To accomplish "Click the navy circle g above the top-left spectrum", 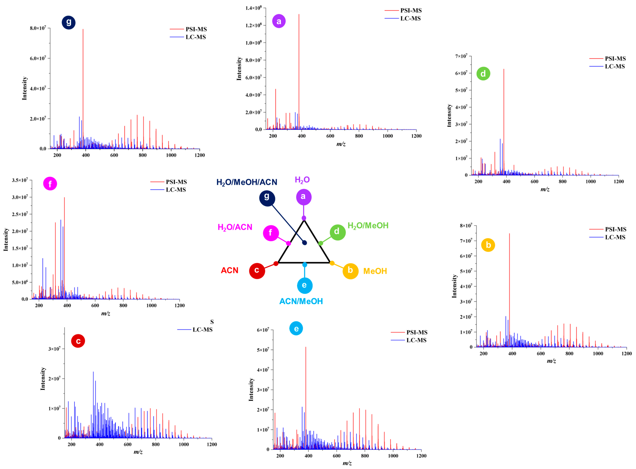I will point(68,22).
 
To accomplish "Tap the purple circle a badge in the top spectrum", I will point(279,21).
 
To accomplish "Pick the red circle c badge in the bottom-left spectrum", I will point(78,341).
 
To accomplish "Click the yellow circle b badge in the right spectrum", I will point(488,245).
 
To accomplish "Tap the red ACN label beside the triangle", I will point(230,270).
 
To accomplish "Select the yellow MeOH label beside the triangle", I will point(375,271).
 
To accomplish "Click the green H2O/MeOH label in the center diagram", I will point(368,226).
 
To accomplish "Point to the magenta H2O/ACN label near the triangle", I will point(235,227).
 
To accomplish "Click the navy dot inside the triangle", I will point(304,243).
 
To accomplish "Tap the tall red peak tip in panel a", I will point(299,14).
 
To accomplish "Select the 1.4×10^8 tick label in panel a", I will point(253,8).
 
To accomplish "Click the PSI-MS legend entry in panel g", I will point(196,29).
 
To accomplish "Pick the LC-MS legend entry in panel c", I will point(202,330).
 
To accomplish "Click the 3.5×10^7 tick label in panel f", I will point(20,180).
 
